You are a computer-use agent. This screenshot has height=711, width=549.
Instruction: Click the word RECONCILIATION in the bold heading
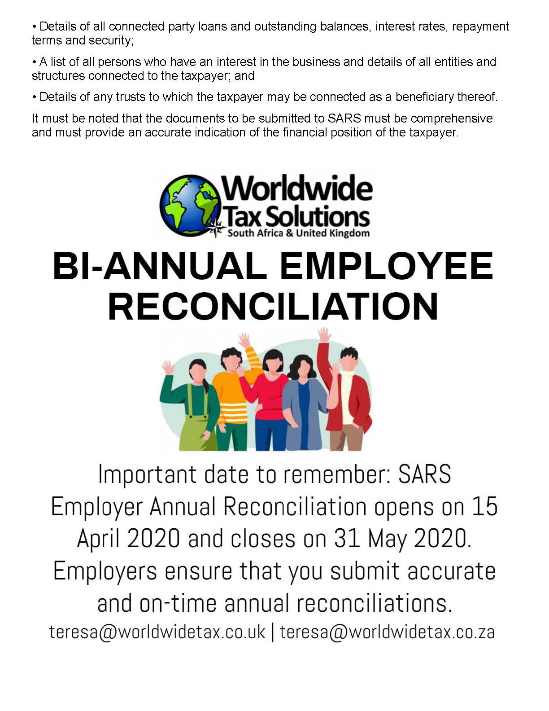[273, 307]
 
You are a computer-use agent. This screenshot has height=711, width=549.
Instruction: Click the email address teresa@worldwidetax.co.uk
[157, 632]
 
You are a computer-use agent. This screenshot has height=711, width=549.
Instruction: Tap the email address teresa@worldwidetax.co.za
[387, 632]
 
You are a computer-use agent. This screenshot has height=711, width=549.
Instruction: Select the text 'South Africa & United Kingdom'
[299, 233]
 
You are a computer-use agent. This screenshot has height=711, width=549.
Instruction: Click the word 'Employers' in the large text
[105, 571]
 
